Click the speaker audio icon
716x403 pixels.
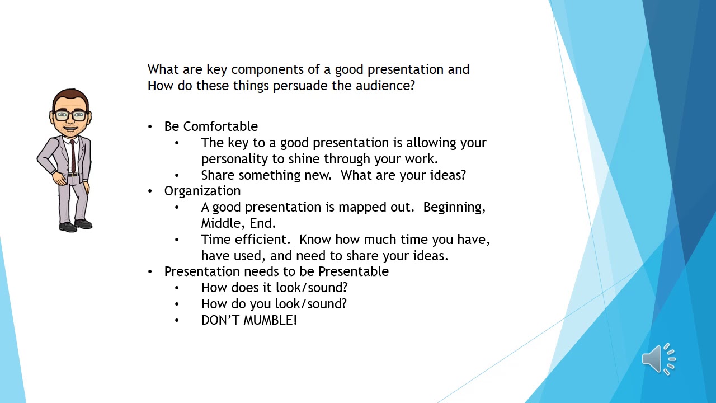[658, 359]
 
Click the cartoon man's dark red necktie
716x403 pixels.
[73, 156]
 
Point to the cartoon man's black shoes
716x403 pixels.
[76, 225]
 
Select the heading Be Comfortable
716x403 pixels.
[211, 126]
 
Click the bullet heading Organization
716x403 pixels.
[202, 191]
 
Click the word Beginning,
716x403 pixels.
[454, 207]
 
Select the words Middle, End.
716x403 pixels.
[238, 223]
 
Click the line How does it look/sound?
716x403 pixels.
[274, 288]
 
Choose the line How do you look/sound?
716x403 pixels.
[274, 304]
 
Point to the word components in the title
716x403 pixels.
[267, 69]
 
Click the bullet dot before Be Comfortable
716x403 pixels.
[150, 127]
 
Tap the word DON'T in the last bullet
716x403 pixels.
[220, 320]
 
